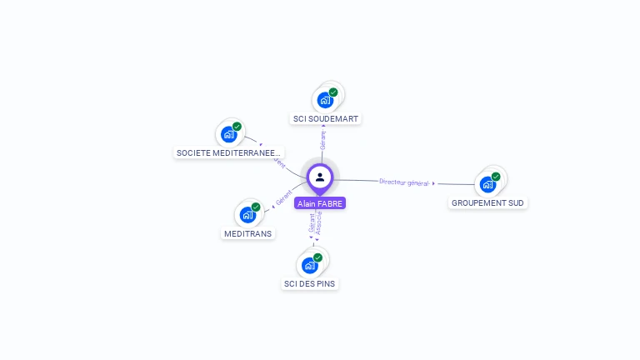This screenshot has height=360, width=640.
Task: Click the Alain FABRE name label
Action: click(319, 203)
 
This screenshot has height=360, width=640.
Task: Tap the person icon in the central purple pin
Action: click(320, 177)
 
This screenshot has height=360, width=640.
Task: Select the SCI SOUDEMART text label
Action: click(326, 118)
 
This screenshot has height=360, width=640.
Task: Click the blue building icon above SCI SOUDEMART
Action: click(324, 100)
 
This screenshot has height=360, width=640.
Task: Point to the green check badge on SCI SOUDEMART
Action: click(333, 92)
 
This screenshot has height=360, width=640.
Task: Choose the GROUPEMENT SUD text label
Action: click(487, 202)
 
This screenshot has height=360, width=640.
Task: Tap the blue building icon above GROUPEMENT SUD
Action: click(487, 184)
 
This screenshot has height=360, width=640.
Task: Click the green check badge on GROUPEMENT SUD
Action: click(496, 177)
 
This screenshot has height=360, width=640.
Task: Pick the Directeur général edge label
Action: click(404, 182)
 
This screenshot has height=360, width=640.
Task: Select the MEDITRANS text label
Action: click(248, 233)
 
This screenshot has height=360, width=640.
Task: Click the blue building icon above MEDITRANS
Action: click(247, 215)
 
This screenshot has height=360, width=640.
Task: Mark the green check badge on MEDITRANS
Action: click(256, 207)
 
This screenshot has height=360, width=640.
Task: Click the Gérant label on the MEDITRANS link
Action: click(284, 200)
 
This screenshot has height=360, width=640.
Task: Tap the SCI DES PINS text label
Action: click(310, 283)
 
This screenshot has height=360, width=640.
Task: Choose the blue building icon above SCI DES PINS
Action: click(309, 265)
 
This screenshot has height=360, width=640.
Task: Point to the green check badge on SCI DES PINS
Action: click(317, 257)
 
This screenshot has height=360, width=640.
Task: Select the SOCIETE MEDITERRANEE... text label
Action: click(229, 152)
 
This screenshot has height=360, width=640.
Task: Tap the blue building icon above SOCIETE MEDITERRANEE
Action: click(228, 134)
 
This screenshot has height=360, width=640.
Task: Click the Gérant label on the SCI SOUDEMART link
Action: click(322, 140)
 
